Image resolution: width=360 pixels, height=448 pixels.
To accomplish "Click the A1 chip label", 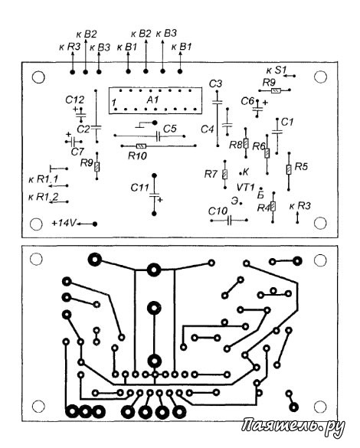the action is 152,100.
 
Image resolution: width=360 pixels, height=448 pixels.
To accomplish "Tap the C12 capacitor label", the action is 75,100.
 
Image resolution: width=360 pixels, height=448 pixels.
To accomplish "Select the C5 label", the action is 170,129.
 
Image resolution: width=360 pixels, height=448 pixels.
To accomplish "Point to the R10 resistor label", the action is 137,155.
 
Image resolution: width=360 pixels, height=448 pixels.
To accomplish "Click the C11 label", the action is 139,188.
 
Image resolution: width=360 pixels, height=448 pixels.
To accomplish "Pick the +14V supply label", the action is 64,223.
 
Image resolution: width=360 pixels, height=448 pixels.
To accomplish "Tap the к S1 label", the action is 276,70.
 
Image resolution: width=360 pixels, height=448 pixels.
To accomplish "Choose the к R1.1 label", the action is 43,179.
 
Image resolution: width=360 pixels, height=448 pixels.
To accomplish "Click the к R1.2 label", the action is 43,197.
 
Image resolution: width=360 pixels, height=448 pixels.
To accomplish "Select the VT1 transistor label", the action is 245,188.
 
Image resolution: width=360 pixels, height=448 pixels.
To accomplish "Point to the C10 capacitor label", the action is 218,211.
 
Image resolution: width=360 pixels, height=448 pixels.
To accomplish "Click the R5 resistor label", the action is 301,166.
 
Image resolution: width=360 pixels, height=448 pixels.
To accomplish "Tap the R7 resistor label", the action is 211,174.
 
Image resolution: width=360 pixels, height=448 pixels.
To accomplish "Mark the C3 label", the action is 215,84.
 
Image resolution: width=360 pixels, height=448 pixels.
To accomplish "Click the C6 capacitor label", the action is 247,101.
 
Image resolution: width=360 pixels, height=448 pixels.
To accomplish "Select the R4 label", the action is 263,208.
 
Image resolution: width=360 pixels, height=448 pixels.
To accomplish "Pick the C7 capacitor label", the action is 77,152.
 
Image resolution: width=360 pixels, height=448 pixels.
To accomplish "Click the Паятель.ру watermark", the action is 293,427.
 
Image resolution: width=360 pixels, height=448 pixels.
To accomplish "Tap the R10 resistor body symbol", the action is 141,146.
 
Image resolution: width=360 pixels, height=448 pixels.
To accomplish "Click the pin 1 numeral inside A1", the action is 114,103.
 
